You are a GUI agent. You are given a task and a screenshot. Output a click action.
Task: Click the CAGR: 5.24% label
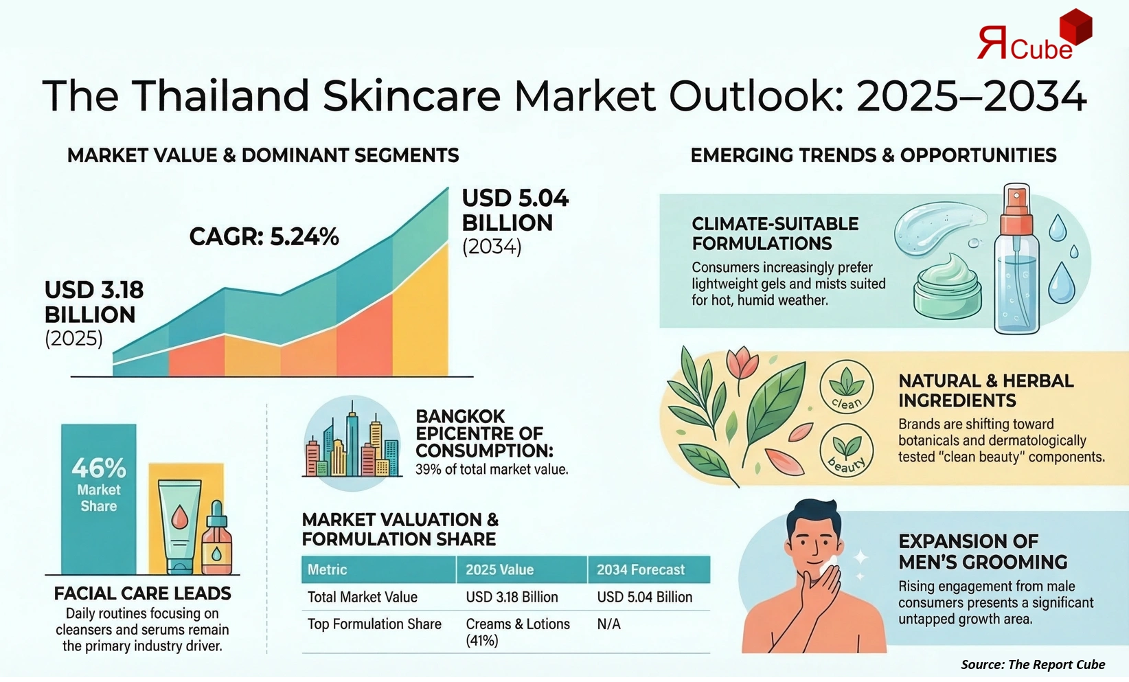point(264,237)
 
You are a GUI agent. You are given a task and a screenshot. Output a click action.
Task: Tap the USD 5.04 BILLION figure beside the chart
point(514,210)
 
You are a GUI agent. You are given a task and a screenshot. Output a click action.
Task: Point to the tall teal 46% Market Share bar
point(99,498)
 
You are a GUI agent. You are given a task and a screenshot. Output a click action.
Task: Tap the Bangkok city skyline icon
point(352,443)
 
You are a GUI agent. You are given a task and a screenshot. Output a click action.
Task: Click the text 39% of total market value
point(491,470)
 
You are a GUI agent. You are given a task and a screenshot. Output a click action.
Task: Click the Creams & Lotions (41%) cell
point(517,632)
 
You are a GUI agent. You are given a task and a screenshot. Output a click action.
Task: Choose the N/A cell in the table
point(608,624)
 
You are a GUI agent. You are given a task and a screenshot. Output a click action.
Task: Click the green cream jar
point(947,287)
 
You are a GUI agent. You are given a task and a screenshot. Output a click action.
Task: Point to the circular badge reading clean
point(846,388)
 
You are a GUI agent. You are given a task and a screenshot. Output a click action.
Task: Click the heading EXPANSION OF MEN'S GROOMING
point(982,552)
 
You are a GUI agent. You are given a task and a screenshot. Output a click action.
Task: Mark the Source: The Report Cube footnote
point(1032,664)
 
